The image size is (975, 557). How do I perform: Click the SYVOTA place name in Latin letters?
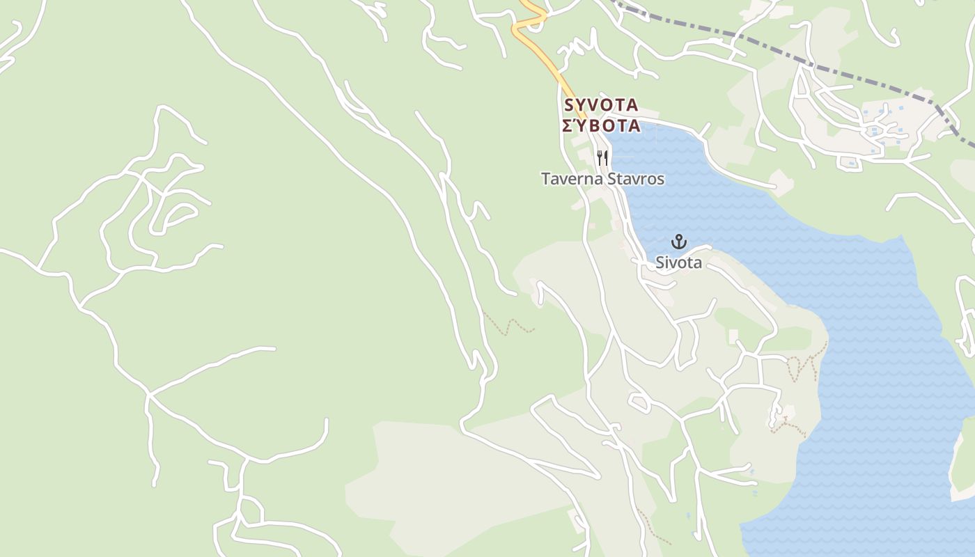601,105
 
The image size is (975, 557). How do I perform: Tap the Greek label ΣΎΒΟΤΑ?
601,126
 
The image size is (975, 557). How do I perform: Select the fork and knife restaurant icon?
602,158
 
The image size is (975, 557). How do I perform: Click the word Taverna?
572,179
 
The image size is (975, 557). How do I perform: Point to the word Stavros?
636,179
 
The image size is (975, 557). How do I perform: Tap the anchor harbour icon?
678,242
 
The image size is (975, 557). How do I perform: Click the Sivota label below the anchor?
678,262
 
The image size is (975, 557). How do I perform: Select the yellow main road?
550,66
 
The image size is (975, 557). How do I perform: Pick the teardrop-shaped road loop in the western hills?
174,218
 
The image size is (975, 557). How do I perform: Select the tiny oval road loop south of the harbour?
639,401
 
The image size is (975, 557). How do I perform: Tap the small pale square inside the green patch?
733,336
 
